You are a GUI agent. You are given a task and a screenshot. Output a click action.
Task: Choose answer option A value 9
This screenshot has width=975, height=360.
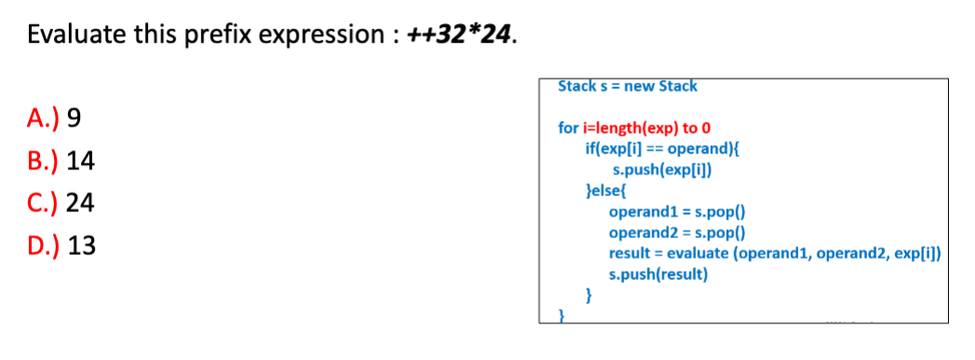coord(75,118)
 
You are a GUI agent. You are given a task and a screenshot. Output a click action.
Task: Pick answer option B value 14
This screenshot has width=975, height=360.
coord(81,161)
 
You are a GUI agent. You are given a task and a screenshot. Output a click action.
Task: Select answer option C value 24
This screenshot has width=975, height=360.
coord(82,204)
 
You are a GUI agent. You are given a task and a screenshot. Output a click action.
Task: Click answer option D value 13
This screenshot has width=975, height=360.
coord(82,247)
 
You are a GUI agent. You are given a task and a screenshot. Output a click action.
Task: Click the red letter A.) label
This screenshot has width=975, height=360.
coord(44,118)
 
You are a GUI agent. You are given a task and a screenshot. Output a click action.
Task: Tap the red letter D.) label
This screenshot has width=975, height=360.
coord(45,247)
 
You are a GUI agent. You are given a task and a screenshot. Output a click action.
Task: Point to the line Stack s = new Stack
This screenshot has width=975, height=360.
coord(627,87)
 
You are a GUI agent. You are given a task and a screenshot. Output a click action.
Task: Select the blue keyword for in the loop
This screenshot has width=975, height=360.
coord(568,128)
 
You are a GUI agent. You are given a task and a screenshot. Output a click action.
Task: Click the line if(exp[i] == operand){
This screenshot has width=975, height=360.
coord(661,148)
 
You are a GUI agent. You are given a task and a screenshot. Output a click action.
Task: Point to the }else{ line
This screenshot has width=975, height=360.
coord(605,191)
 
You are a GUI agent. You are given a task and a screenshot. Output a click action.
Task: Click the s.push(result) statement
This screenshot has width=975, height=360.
coord(658,274)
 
